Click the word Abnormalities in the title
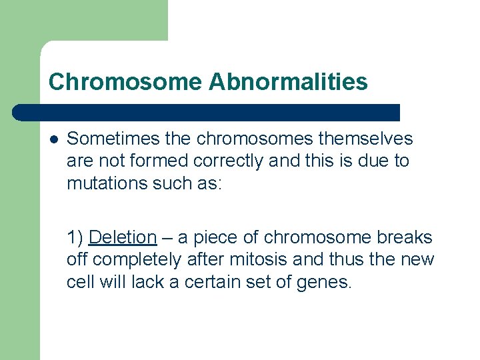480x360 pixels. point(287,82)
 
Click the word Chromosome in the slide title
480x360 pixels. point(125,82)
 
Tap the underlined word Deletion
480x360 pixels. point(123,237)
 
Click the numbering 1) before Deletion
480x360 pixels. point(75,237)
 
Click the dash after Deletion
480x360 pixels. point(166,237)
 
